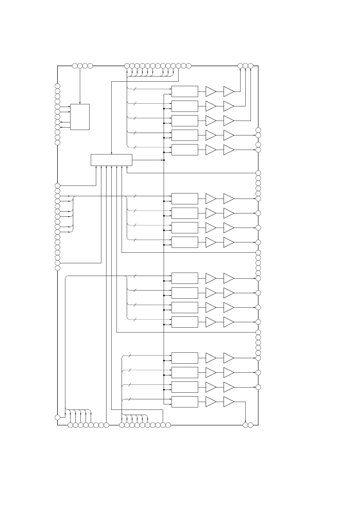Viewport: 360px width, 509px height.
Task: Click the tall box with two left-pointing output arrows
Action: click(80, 117)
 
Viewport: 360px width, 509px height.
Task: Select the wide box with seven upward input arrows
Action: click(111, 160)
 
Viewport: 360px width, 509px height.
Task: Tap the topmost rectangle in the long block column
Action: click(185, 91)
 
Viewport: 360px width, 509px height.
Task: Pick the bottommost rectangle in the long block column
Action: click(185, 402)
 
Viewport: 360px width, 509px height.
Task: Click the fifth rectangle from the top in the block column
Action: click(185, 150)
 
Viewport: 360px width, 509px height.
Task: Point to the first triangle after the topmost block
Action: click(211, 91)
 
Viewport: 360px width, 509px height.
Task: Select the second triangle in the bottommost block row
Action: click(229, 402)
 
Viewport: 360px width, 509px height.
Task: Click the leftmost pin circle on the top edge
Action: click(75, 66)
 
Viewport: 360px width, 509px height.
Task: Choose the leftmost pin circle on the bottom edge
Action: click(70, 425)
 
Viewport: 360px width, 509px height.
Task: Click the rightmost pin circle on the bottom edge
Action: click(250, 425)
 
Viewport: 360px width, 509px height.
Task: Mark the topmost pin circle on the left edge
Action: click(57, 86)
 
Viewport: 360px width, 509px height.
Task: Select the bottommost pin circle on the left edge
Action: click(57, 417)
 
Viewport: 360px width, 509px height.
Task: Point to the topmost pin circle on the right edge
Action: click(258, 130)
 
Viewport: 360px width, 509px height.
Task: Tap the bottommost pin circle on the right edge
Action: click(258, 387)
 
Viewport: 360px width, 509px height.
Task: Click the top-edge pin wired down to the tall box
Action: click(80, 66)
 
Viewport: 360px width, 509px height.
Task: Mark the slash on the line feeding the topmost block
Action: click(135, 89)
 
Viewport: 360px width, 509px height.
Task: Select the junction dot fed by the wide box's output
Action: click(164, 160)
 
